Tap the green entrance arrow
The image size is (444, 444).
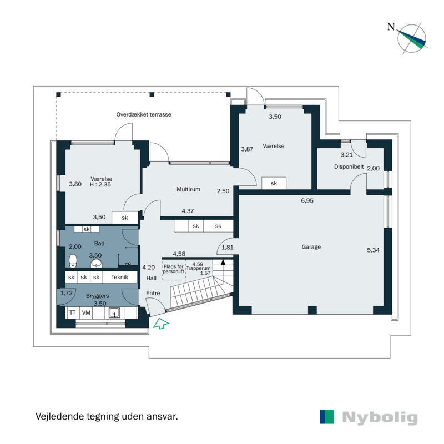click(x=160, y=324)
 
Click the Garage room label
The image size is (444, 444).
click(x=311, y=247)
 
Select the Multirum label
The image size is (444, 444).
click(x=188, y=189)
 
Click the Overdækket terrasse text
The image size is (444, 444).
click(x=144, y=114)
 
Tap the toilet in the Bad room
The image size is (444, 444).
click(x=72, y=260)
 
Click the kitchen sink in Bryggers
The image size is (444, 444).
click(x=115, y=313)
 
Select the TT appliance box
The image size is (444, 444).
click(x=72, y=313)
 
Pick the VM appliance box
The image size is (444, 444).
click(x=86, y=313)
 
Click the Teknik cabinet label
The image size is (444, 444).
click(x=120, y=277)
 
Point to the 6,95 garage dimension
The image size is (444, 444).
click(x=307, y=201)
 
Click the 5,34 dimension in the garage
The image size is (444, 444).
click(x=374, y=250)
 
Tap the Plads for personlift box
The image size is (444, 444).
click(x=173, y=269)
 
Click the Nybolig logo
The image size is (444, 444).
click(x=369, y=417)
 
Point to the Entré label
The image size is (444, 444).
click(x=153, y=293)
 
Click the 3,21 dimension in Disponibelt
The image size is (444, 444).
click(x=347, y=154)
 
